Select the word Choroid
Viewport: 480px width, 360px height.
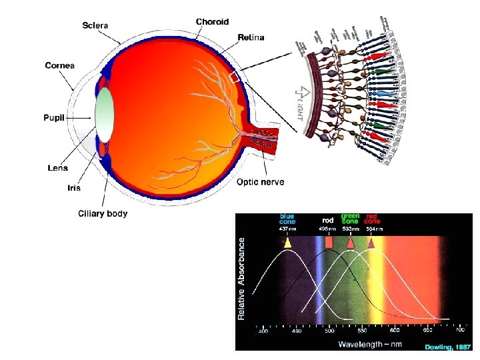212,21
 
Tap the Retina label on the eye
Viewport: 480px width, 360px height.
251,37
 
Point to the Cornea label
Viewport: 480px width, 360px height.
60,65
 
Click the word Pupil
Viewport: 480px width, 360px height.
58,116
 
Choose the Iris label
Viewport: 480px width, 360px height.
74,188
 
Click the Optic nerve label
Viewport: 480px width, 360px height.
261,182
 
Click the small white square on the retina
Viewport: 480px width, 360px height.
234,77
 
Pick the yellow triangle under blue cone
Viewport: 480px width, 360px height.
287,243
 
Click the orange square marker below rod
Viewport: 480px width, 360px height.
329,243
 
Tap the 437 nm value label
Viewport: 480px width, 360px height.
287,229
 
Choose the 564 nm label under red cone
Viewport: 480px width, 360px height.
374,229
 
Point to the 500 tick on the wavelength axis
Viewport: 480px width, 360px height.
329,330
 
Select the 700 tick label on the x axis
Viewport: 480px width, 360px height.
459,330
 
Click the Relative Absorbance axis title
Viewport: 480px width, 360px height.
243,279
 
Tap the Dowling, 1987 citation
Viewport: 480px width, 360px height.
447,347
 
